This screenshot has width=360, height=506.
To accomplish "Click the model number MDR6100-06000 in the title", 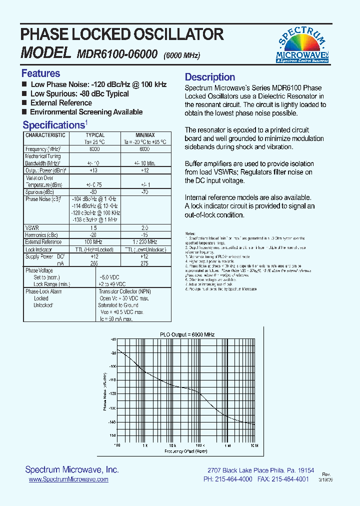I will click(117, 54).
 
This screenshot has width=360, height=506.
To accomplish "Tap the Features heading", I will click(40, 73).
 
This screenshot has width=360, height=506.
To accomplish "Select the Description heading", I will click(210, 77).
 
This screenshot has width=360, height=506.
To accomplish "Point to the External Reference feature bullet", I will click(61, 103).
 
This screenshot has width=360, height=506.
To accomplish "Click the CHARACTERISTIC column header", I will click(45, 135).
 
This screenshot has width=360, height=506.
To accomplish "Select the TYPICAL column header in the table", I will click(95, 135).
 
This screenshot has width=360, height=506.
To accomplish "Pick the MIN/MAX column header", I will click(145, 135).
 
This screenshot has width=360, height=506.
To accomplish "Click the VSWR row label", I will click(32, 227).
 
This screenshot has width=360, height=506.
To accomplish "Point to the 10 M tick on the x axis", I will click(254, 444).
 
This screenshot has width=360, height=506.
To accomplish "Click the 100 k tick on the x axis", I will click(199, 444).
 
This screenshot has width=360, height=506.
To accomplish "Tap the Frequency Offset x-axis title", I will click(185, 451).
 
